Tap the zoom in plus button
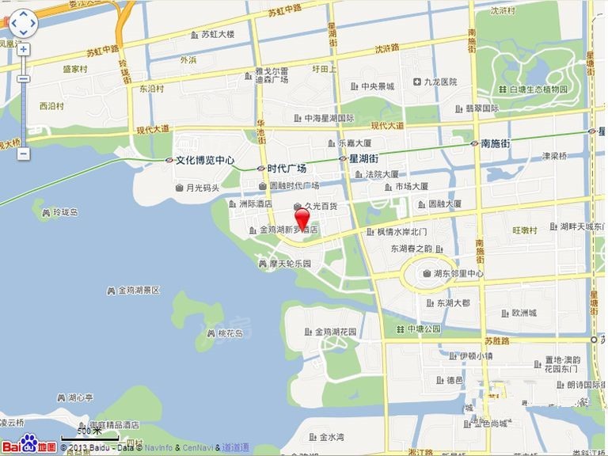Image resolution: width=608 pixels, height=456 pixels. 24,49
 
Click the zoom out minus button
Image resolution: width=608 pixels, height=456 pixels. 24,153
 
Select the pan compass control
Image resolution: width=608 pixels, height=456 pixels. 23,24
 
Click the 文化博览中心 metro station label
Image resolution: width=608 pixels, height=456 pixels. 204,160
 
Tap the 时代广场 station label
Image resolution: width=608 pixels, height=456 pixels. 287,169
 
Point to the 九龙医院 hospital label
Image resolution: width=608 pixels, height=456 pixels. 440,82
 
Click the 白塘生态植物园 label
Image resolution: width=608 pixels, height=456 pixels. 538,89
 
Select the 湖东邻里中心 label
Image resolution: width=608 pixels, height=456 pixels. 458,274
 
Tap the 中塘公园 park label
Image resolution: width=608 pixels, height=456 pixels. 422,329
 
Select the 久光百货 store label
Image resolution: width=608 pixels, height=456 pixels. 321,206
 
